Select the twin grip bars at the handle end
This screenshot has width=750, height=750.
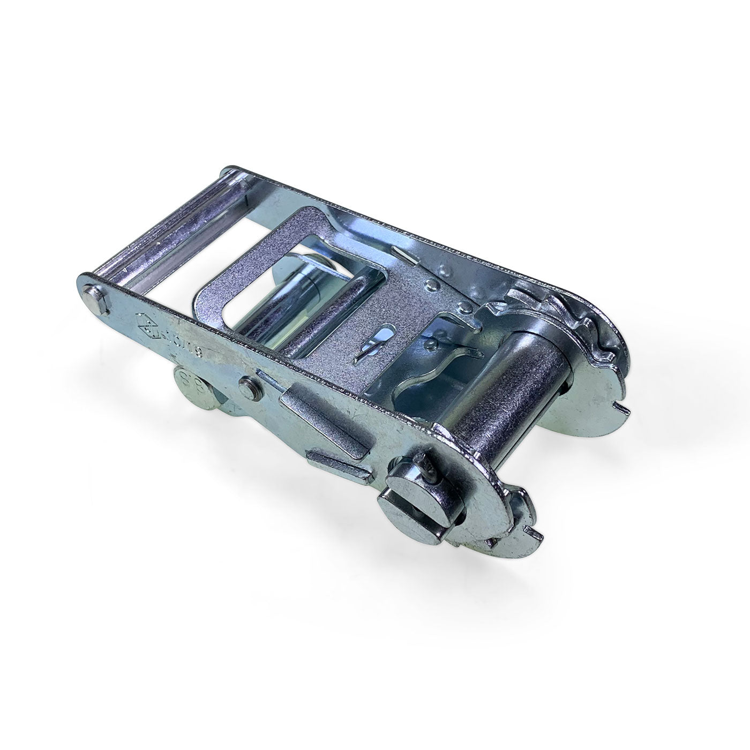coord(161,236)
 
